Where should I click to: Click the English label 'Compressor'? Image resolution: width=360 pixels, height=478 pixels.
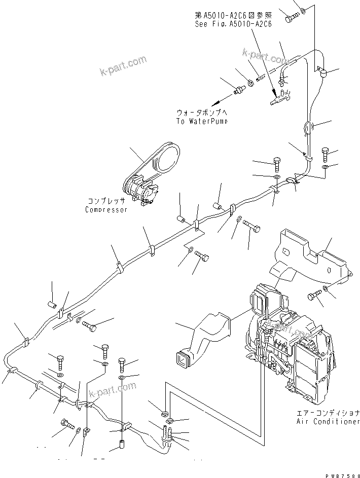pos(106,210)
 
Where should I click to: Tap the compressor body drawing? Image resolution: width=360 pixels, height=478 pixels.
pos(139,190)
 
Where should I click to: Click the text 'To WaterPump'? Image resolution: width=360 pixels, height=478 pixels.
pos(202,122)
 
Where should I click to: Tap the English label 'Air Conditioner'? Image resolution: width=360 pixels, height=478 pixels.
pos(328,422)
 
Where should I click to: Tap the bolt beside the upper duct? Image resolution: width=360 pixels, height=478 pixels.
pos(313,295)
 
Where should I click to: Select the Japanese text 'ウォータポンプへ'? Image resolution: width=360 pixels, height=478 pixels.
pos(202,113)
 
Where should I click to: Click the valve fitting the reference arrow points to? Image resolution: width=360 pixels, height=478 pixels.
pos(278,96)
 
